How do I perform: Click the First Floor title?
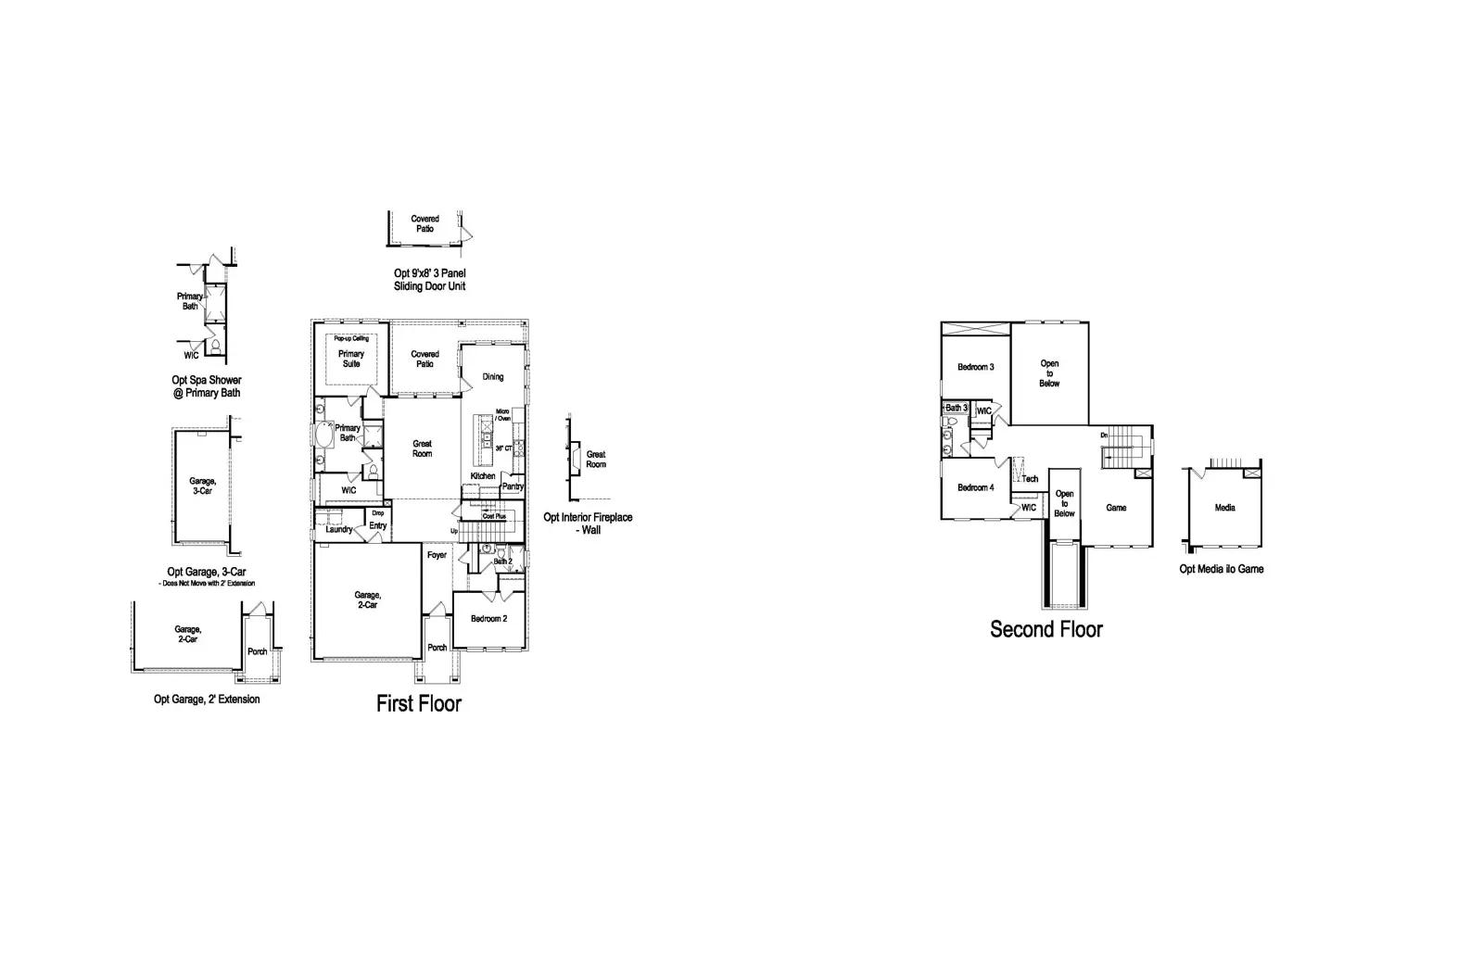[418, 703]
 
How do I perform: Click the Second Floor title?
[1046, 629]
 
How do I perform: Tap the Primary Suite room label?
[351, 359]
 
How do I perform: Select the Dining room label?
[493, 376]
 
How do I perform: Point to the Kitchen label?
[483, 476]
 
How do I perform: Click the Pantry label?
[513, 486]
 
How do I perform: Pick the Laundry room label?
[339, 529]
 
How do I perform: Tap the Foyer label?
[437, 555]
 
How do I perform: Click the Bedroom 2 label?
[488, 618]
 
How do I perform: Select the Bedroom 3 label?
[975, 367]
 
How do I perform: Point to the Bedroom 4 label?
[975, 487]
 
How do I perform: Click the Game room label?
[1116, 508]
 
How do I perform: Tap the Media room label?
[1224, 508]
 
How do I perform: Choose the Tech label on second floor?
[1030, 479]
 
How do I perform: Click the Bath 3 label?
[956, 408]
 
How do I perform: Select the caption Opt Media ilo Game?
[1221, 569]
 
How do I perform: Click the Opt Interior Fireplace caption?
[588, 524]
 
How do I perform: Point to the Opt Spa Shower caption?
[206, 386]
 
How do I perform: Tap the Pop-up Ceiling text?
[351, 338]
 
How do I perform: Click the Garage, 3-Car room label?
[202, 486]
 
